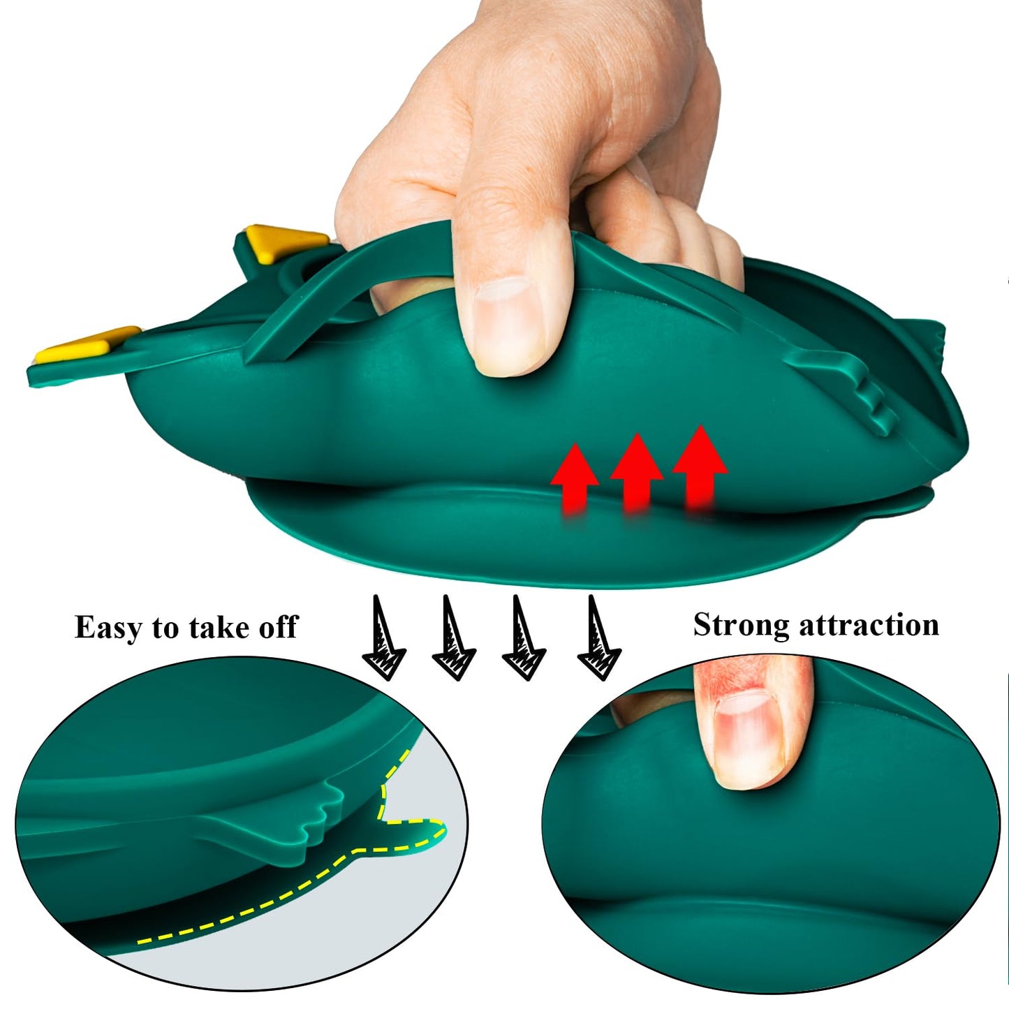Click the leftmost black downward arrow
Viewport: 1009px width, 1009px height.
(x=384, y=636)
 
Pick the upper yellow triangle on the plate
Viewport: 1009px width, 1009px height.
(x=286, y=242)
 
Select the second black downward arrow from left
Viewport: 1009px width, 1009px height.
(x=453, y=636)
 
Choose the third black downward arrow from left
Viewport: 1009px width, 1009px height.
(x=524, y=636)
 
